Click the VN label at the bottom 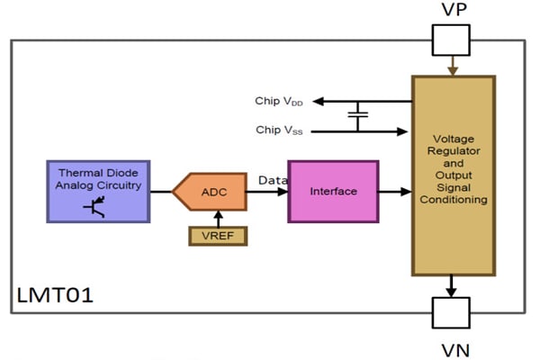[x=451, y=347]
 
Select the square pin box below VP [x=451, y=40]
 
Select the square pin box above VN [x=451, y=312]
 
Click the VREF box [x=216, y=236]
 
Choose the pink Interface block [x=333, y=192]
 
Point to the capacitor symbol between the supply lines [x=358, y=115]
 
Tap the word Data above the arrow [x=273, y=181]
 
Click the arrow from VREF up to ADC [x=216, y=218]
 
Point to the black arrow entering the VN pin [x=451, y=286]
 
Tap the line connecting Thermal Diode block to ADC [x=160, y=192]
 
